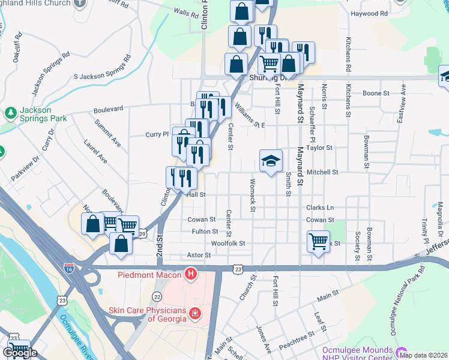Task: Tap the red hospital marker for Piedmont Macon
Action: click(191, 275)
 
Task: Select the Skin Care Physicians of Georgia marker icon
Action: click(194, 313)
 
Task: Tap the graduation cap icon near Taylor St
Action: click(271, 161)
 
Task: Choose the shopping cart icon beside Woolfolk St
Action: click(318, 242)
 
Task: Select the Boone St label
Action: click(377, 93)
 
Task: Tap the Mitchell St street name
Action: click(322, 172)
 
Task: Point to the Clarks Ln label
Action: click(319, 208)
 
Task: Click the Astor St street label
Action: click(199, 255)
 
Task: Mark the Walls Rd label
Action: click(185, 11)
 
